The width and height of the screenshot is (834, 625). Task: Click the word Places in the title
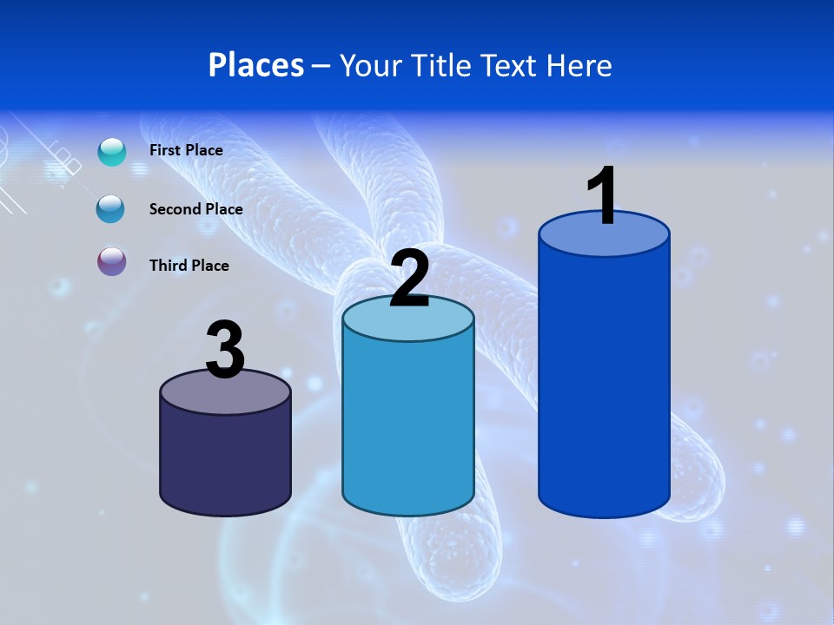pos(256,65)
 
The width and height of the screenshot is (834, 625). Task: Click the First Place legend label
pos(186,150)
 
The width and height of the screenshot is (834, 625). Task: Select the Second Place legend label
pos(195,208)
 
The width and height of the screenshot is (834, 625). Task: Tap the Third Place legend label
pos(189,266)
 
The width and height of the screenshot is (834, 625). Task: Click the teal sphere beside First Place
pos(112,152)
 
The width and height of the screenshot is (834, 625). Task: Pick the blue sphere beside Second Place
pos(110,209)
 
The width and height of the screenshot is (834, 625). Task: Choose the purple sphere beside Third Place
pos(112,261)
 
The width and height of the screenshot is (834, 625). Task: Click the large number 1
pos(602,196)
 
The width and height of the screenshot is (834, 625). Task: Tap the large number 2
pos(409,279)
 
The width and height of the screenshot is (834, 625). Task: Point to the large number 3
pos(225,350)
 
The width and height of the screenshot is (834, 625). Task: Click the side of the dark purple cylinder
pos(225,460)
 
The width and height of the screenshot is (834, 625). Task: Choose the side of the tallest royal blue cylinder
pos(604,382)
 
